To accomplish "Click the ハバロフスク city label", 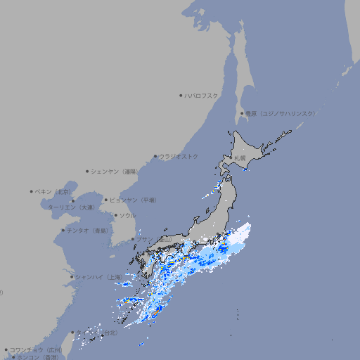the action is (x=202, y=95).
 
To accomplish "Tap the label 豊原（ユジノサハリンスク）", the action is (x=281, y=113).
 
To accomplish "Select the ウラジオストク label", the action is (x=179, y=156).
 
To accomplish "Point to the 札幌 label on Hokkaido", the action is (x=240, y=157).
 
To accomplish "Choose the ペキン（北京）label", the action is (x=54, y=191).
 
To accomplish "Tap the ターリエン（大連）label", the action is (x=71, y=207).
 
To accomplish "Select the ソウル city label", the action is (x=127, y=215).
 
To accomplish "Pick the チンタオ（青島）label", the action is (x=88, y=230).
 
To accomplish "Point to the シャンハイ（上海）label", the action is (x=98, y=276).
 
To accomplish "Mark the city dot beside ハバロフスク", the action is (x=181, y=95).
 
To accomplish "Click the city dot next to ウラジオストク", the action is (x=155, y=156).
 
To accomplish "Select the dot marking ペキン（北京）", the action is (x=32, y=191).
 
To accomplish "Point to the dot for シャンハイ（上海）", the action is (x=72, y=277).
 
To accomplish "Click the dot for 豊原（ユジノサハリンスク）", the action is (x=242, y=113).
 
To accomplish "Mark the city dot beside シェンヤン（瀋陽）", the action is (x=87, y=171).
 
